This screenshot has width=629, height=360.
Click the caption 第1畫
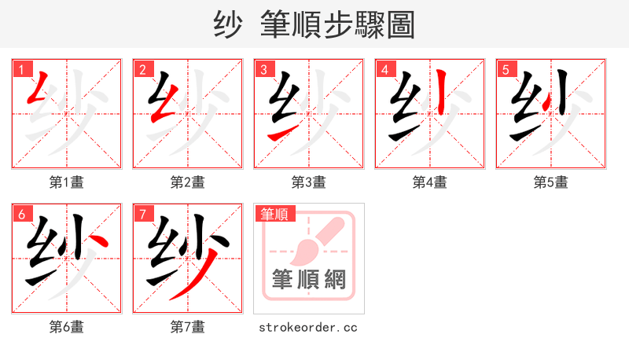[x=66, y=182]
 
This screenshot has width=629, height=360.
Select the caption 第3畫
[x=308, y=182]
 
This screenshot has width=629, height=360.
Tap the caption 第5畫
[x=550, y=182]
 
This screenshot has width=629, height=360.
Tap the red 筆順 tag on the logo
[x=274, y=214]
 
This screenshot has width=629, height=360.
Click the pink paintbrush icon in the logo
[x=314, y=240]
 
